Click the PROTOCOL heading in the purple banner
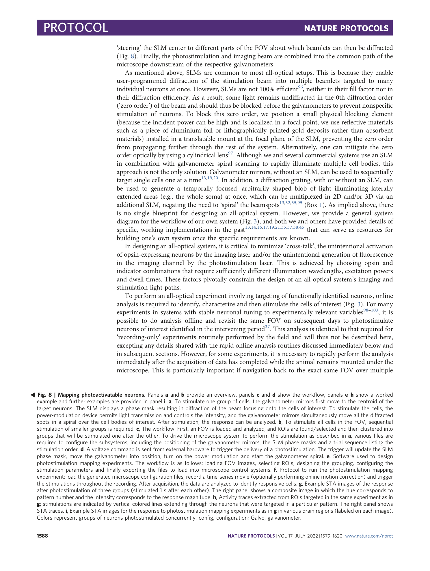[x=76, y=28]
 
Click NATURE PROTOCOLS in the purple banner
[x=346, y=28]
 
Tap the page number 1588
[x=42, y=536]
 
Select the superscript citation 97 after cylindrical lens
[x=230, y=154]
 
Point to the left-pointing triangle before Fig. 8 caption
[x=33, y=395]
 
